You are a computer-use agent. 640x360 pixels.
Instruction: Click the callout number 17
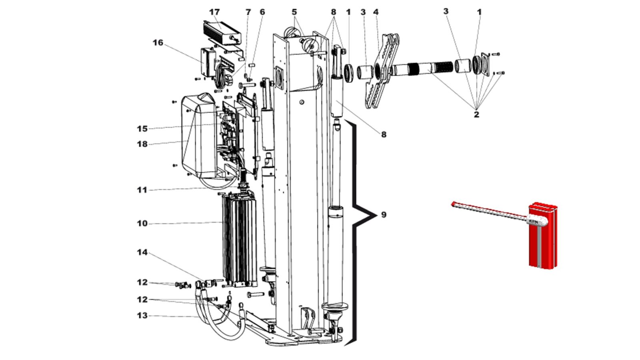coord(214,12)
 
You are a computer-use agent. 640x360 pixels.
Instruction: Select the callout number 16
coord(158,42)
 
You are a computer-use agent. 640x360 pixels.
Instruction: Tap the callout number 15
coord(142,128)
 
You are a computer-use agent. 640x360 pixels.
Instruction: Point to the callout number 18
coord(142,144)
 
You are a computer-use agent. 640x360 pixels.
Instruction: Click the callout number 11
coord(142,190)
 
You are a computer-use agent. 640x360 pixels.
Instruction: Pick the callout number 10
coord(142,224)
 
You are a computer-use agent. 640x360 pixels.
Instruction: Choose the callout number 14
coord(142,252)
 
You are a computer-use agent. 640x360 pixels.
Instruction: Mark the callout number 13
coord(142,316)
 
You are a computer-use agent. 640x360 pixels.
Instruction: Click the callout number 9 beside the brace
coord(384,214)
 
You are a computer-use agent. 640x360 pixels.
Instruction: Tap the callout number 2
coord(476,114)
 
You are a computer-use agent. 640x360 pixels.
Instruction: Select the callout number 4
coord(376,12)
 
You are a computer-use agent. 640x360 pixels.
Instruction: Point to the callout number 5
coord(294,12)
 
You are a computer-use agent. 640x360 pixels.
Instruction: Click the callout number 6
coord(262,12)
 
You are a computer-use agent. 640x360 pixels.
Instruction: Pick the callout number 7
coord(248,12)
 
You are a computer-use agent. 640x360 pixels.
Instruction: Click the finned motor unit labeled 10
coord(240,240)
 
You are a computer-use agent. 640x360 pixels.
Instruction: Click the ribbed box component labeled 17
coord(222,32)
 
